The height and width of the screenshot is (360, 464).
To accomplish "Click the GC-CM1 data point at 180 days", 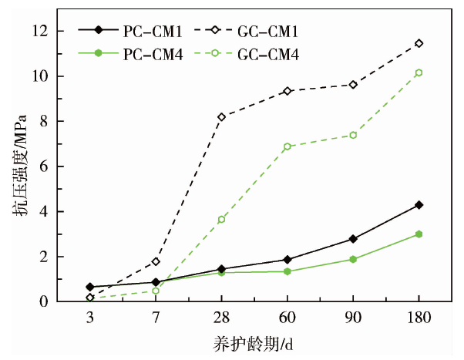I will coord(419,43).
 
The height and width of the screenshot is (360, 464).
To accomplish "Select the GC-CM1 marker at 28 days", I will coord(222,117).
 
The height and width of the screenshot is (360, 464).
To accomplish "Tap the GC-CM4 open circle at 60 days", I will coord(287,146).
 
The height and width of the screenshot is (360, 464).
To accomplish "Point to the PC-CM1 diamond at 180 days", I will coord(419,205).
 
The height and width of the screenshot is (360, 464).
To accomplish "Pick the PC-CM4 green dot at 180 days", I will coord(419,234).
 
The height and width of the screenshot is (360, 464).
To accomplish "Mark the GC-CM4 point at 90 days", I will coord(353,135).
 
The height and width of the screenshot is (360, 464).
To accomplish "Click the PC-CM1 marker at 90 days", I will coord(353,239).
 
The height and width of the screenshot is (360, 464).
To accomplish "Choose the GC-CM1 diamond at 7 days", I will coord(156,261).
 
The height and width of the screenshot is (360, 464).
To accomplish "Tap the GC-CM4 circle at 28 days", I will coord(222,220).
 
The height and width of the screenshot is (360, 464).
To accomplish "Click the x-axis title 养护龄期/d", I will coord(254,344).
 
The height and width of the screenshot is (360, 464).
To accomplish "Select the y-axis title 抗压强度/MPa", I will coord(19,166).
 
